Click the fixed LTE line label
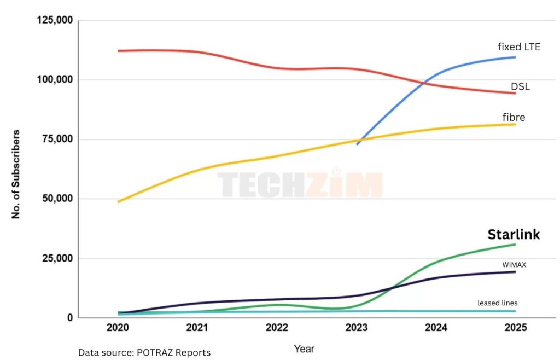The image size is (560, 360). point(518,47)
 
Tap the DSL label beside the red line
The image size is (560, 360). point(520,86)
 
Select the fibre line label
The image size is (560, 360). point(514,117)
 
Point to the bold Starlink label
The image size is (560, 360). point(514,235)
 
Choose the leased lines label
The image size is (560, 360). point(497,303)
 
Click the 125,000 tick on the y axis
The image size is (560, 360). point(55,20)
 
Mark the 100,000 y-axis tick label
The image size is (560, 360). point(55,80)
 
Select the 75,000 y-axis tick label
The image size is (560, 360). point(57,139)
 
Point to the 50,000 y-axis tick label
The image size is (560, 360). point(57,199)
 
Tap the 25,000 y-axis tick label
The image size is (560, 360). point(57,258)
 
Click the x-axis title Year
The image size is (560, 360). point(304,349)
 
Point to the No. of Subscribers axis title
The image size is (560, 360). point(16,174)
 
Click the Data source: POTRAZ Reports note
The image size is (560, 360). point(144,352)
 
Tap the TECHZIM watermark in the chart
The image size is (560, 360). point(300,184)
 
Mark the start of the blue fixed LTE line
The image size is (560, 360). point(357,144)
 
